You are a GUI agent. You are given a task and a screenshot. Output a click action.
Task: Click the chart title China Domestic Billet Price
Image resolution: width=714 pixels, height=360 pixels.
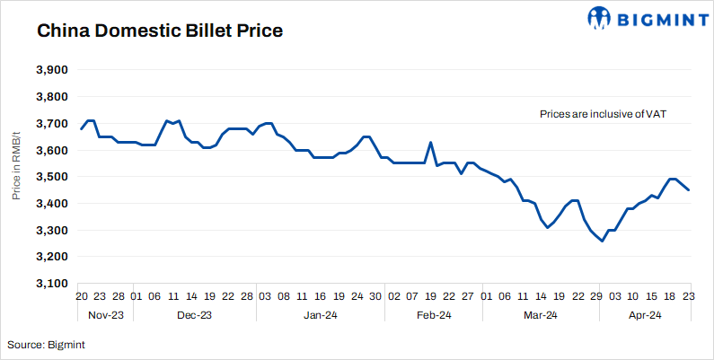(160, 31)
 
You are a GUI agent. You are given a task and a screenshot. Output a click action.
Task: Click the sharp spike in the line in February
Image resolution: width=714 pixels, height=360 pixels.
(431, 143)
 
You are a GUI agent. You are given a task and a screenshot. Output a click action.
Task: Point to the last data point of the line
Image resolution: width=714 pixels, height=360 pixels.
(689, 189)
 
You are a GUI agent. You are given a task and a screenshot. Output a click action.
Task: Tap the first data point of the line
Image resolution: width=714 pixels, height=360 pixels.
(81, 129)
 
